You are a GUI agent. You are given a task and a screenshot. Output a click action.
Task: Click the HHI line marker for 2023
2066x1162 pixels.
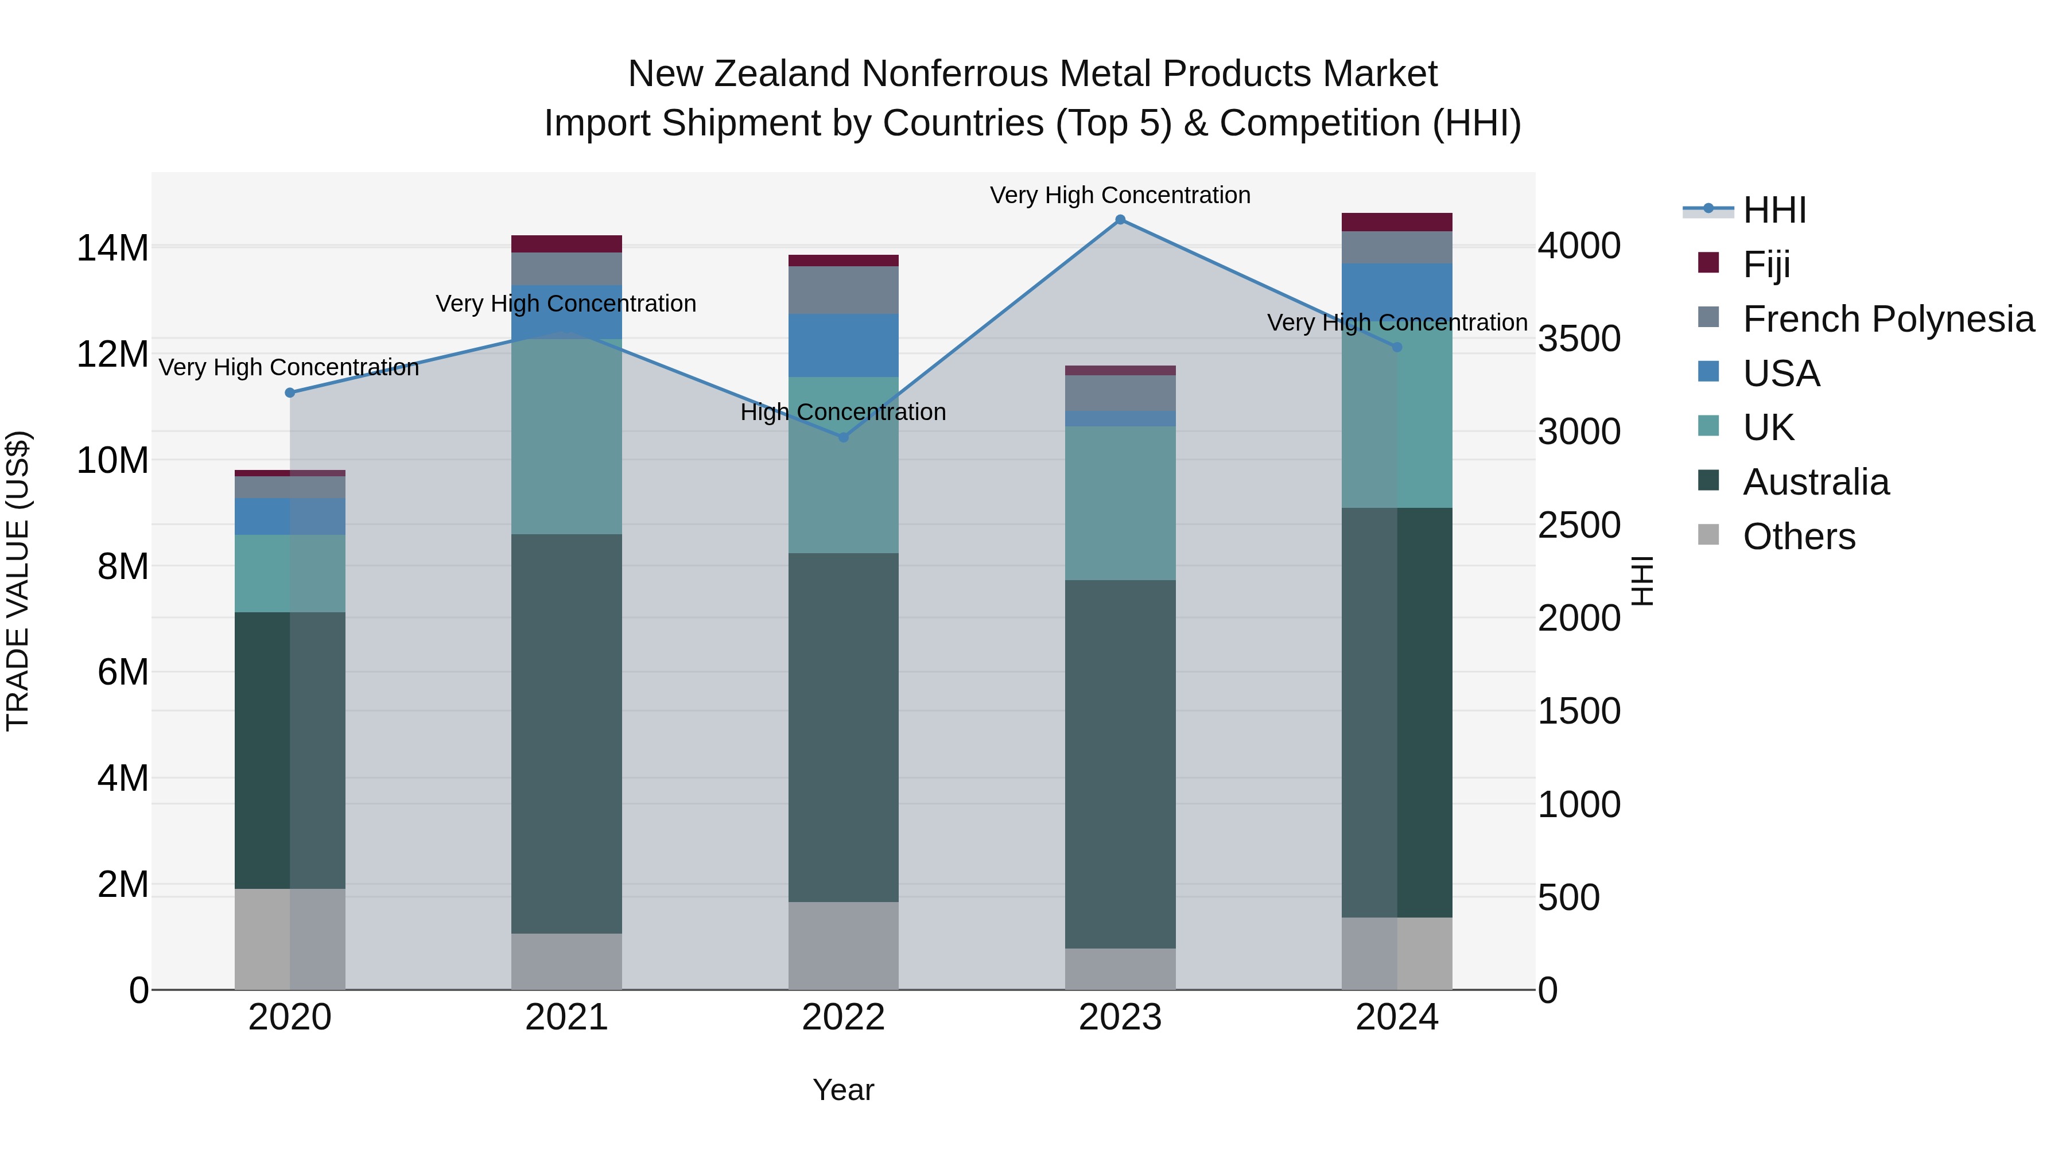point(1120,220)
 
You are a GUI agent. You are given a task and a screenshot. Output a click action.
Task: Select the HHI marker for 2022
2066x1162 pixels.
point(843,437)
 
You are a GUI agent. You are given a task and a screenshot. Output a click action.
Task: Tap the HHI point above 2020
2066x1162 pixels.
point(290,392)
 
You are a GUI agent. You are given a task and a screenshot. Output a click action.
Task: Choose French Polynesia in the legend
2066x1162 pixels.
point(1888,319)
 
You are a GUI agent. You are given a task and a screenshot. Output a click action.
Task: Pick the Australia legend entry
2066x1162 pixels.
point(1816,482)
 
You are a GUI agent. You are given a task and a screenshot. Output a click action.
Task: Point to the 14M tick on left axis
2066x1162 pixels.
point(112,248)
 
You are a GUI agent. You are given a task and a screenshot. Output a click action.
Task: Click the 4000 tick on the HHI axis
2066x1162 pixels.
point(1578,246)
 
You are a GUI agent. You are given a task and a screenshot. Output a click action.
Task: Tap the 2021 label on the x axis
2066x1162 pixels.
point(566,1017)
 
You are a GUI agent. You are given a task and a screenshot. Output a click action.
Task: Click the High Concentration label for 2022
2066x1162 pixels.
point(843,412)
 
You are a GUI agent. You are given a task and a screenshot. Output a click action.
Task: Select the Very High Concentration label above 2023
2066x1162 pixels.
point(1120,195)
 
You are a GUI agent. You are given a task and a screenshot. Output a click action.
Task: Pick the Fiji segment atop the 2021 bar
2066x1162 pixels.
point(566,244)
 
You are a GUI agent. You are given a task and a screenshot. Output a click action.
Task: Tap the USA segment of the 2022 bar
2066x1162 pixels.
point(843,345)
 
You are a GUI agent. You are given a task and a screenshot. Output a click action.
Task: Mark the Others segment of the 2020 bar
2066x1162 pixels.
point(290,938)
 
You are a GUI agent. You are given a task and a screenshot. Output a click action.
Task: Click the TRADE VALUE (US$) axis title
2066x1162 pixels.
point(18,581)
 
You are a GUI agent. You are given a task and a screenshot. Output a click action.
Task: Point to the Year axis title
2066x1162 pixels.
point(843,1090)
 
